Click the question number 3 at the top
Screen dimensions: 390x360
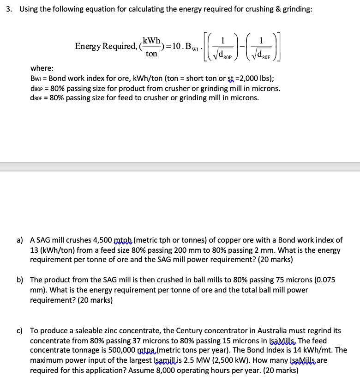click(x=8, y=10)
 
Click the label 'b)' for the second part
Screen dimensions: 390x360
click(x=20, y=280)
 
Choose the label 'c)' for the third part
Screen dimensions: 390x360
click(x=20, y=330)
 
